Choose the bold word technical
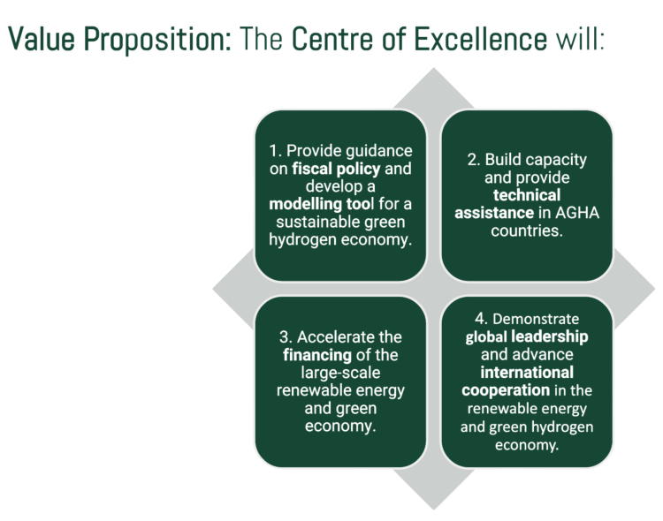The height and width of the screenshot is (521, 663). tap(527, 196)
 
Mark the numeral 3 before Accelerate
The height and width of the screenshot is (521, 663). tap(284, 336)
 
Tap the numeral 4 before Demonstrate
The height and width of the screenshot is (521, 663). tap(479, 318)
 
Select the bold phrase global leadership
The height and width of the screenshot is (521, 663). tap(527, 336)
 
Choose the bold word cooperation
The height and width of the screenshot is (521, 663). tap(501, 390)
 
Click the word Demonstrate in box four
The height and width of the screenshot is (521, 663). tap(535, 318)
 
